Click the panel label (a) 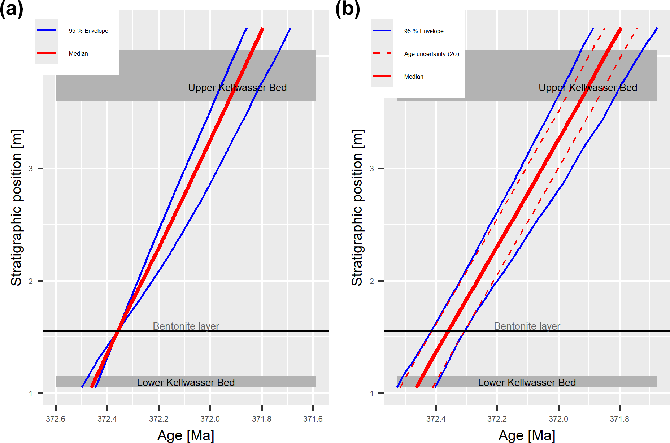click(11, 9)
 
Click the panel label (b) click(347, 9)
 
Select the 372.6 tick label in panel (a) click(56, 419)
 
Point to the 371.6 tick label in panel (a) click(313, 419)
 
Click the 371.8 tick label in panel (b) click(619, 419)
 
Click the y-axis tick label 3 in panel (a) click(31, 169)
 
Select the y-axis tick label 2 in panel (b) click(371, 281)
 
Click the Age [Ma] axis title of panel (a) click(186, 435)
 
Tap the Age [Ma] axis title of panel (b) click(527, 435)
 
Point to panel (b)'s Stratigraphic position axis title click(357, 208)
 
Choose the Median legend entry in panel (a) click(78, 53)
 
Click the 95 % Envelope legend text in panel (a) click(88, 31)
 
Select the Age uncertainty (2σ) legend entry click(431, 54)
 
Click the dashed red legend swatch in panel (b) click(382, 53)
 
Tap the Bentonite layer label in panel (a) click(186, 326)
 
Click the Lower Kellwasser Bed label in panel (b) click(527, 382)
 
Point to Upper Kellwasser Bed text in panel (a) click(237, 88)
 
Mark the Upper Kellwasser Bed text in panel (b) click(588, 88)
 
